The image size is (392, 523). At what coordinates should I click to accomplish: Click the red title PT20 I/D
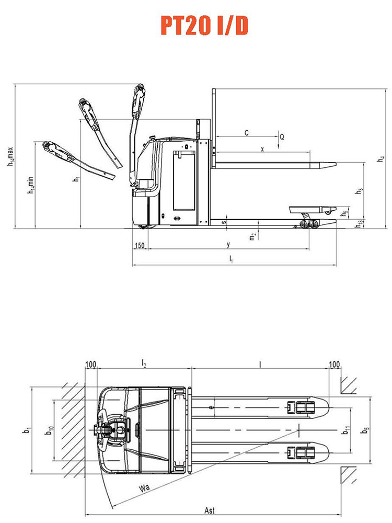204,26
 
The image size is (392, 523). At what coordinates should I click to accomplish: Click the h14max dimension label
10,157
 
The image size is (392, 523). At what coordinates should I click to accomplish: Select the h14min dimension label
31,186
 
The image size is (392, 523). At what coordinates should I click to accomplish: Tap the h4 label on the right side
381,159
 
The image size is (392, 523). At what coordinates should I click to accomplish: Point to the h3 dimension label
359,191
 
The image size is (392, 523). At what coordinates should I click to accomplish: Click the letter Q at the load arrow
282,137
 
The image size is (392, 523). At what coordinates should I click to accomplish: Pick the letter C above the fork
247,133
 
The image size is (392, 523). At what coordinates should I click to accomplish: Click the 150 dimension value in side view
140,245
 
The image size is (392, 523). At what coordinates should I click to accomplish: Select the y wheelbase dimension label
228,245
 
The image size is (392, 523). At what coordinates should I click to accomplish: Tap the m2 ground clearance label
253,236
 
